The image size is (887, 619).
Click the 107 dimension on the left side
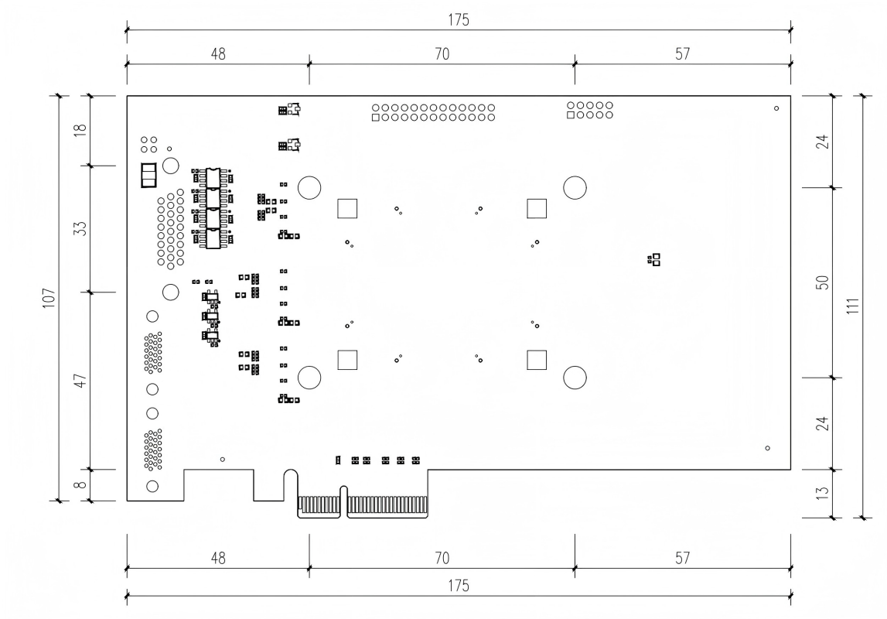point(48,298)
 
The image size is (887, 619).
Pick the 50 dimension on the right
point(823,282)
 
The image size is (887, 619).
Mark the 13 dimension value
point(823,492)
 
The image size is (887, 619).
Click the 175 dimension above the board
point(458,20)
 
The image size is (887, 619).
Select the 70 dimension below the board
point(442,558)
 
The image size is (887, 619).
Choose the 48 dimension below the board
point(218,558)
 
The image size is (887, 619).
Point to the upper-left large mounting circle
point(309,187)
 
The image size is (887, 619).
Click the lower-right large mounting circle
point(575,378)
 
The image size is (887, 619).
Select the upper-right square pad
point(537,208)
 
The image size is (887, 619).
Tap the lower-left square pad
point(347,360)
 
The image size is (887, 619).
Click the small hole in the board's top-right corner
point(776,109)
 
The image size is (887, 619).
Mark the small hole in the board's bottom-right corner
point(767,448)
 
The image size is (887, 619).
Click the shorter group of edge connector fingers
point(319,506)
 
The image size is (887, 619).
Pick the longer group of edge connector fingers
point(387,506)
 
